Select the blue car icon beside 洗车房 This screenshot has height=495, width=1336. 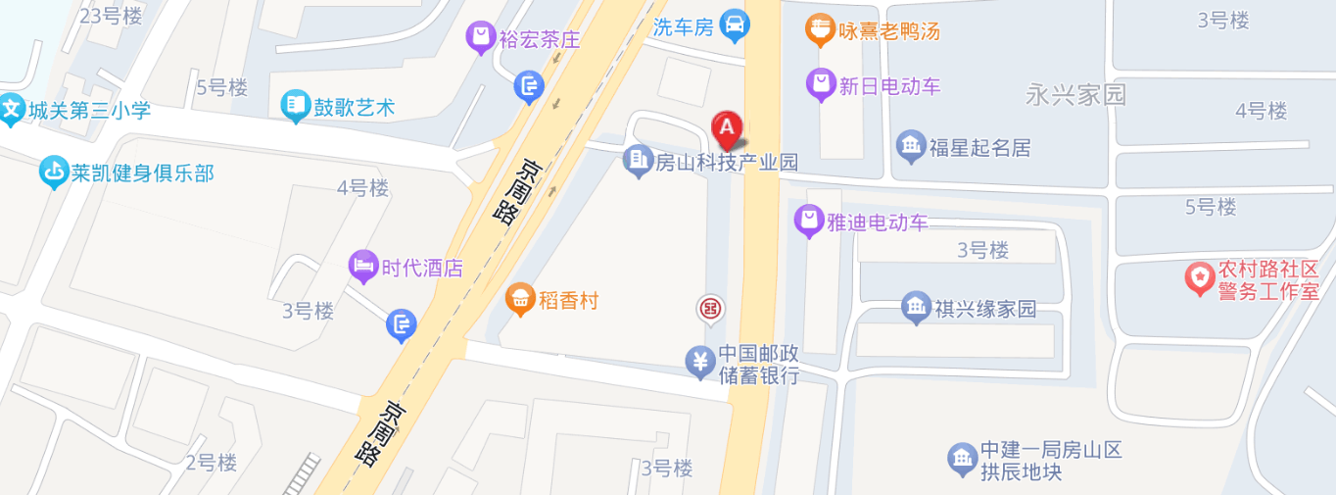(735, 23)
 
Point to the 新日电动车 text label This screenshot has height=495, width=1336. (889, 86)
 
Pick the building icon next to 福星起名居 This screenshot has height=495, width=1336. (911, 147)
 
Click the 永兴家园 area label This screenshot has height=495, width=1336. (1075, 95)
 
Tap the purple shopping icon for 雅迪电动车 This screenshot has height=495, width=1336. (808, 222)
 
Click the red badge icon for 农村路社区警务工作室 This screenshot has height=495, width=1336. (1199, 279)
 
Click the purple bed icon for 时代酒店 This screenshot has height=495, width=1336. (363, 266)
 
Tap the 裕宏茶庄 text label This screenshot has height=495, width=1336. (540, 40)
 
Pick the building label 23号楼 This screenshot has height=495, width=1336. (110, 16)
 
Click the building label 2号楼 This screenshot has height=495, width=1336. (212, 462)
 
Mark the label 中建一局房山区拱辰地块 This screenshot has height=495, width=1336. (1051, 461)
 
